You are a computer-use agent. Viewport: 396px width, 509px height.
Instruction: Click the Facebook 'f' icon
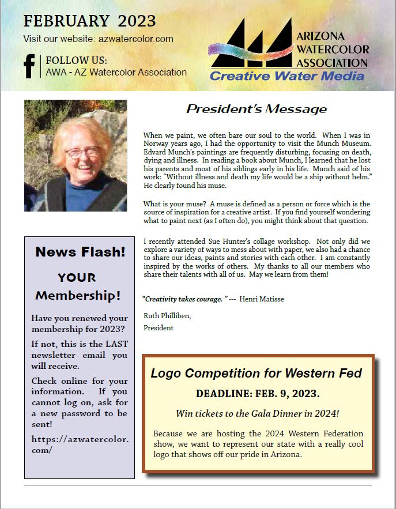[x=29, y=65]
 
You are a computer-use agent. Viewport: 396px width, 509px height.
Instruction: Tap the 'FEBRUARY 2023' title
[x=89, y=21]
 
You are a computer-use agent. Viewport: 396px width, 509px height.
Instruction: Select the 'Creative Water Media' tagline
[x=286, y=76]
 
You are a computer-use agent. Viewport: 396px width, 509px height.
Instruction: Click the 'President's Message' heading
[x=257, y=109]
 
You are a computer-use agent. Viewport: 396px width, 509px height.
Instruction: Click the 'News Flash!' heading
[x=80, y=251]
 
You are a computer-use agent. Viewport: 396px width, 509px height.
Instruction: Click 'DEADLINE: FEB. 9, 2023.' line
[x=258, y=394]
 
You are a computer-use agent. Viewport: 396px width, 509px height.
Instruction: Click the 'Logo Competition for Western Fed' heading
[x=257, y=373]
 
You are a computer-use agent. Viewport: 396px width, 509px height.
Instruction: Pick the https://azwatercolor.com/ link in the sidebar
[x=80, y=444]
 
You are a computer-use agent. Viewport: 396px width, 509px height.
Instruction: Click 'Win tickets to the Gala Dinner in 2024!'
[x=258, y=414]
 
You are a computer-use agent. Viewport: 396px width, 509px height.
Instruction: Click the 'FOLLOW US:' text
[x=76, y=61]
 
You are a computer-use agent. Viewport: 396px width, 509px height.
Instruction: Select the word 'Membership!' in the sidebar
[x=78, y=296]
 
